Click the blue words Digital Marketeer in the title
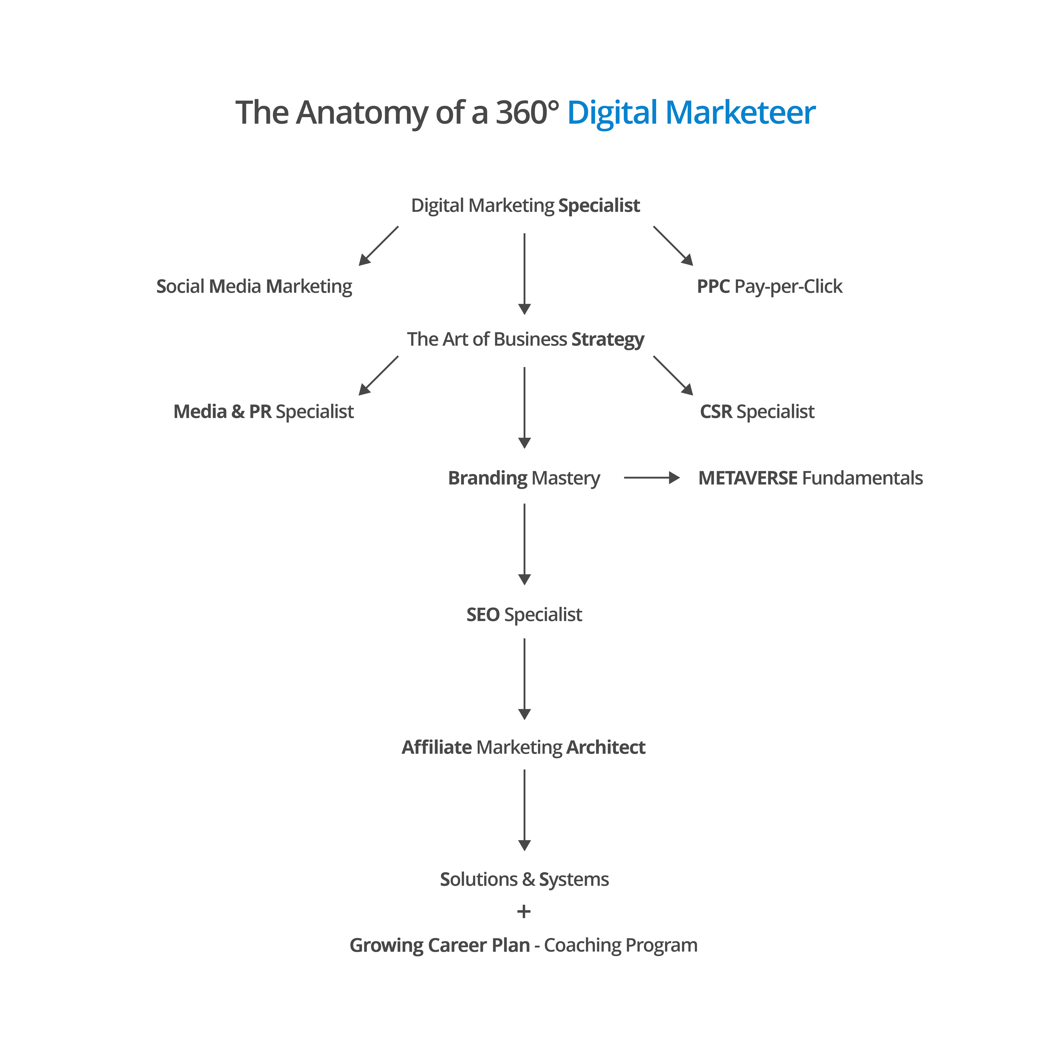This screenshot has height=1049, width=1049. point(691,113)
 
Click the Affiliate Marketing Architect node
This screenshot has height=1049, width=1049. point(523,748)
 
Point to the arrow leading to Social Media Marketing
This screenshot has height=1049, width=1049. point(378,246)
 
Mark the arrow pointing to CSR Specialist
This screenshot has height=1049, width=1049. point(673,376)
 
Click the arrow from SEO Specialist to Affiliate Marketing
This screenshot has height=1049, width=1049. point(524,679)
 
